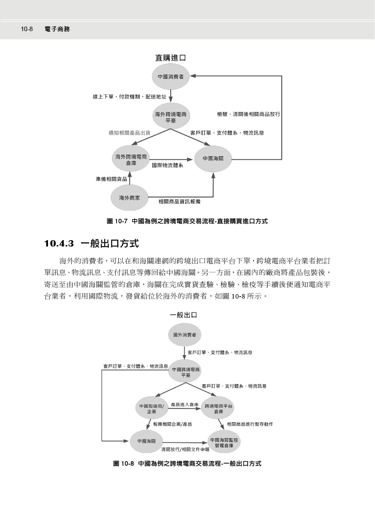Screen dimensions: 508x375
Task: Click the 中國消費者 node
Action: click(171, 76)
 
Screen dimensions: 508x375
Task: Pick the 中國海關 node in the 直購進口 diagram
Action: click(213, 158)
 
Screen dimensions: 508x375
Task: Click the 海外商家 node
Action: click(129, 197)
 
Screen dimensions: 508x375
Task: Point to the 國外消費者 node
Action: click(184, 335)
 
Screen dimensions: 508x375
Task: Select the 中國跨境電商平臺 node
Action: click(186, 372)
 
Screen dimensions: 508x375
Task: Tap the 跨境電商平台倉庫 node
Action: click(219, 408)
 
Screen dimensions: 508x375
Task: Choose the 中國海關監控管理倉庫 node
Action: click(223, 443)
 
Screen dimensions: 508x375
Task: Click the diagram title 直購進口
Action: click(171, 58)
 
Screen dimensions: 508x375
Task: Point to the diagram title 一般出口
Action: click(183, 315)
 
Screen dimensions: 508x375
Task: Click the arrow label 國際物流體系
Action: click(168, 165)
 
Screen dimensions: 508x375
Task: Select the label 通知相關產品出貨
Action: click(129, 133)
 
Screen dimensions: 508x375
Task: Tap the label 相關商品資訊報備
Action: click(179, 202)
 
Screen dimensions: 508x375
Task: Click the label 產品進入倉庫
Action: click(184, 405)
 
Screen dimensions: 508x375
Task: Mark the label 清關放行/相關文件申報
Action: click(185, 448)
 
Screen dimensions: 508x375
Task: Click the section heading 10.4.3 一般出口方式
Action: click(91, 244)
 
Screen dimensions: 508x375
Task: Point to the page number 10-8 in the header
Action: click(27, 29)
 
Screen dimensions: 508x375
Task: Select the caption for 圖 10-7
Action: click(187, 221)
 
